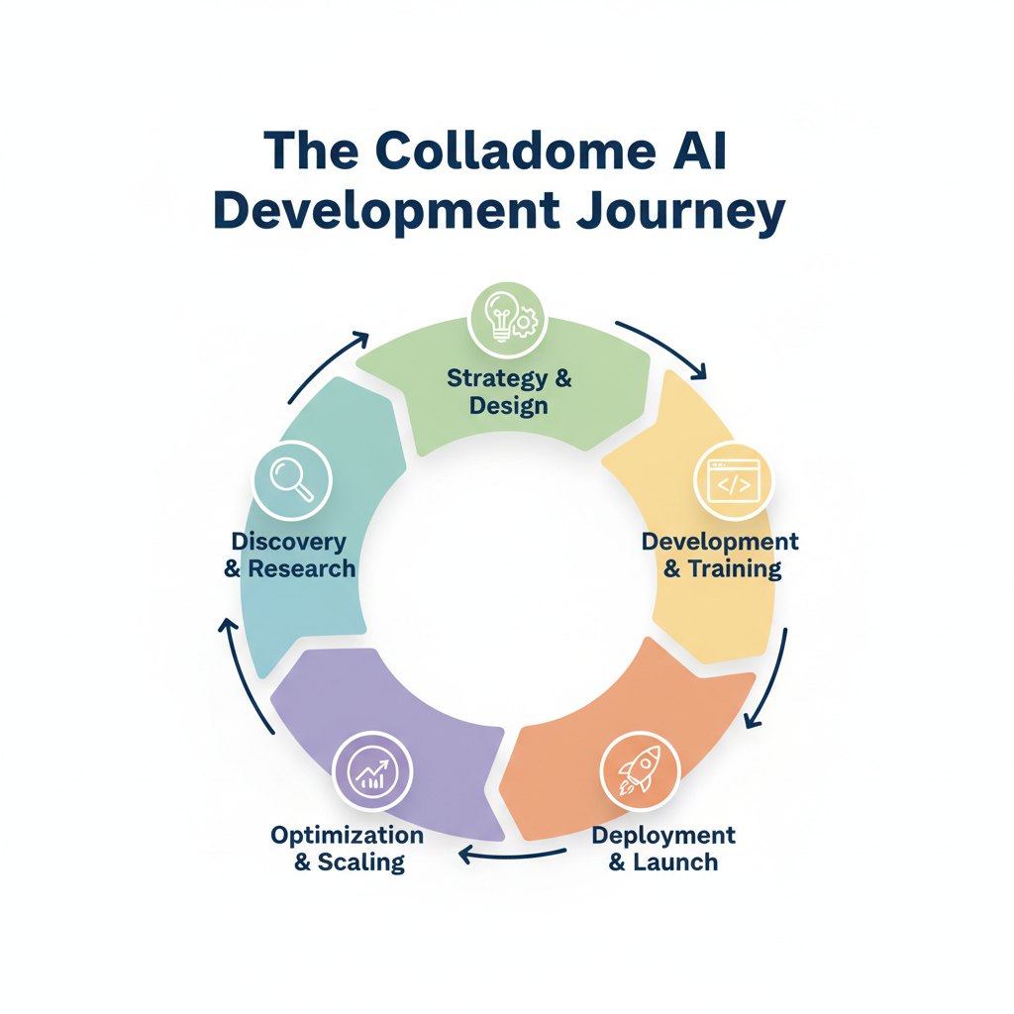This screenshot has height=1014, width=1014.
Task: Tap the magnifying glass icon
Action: (x=292, y=479)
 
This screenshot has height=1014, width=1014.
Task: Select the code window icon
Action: (x=733, y=482)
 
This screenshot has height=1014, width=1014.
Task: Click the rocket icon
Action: (x=640, y=770)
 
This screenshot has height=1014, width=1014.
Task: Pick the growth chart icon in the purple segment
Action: (x=372, y=772)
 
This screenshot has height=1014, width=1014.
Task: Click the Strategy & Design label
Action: (x=509, y=391)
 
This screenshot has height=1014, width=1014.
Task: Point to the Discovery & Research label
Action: (x=289, y=556)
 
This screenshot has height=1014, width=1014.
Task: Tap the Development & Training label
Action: (x=720, y=556)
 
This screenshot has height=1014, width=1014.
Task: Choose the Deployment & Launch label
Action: (x=663, y=848)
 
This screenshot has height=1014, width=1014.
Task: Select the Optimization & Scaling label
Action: (x=348, y=848)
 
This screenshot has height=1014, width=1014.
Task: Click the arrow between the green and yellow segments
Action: (x=664, y=348)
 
